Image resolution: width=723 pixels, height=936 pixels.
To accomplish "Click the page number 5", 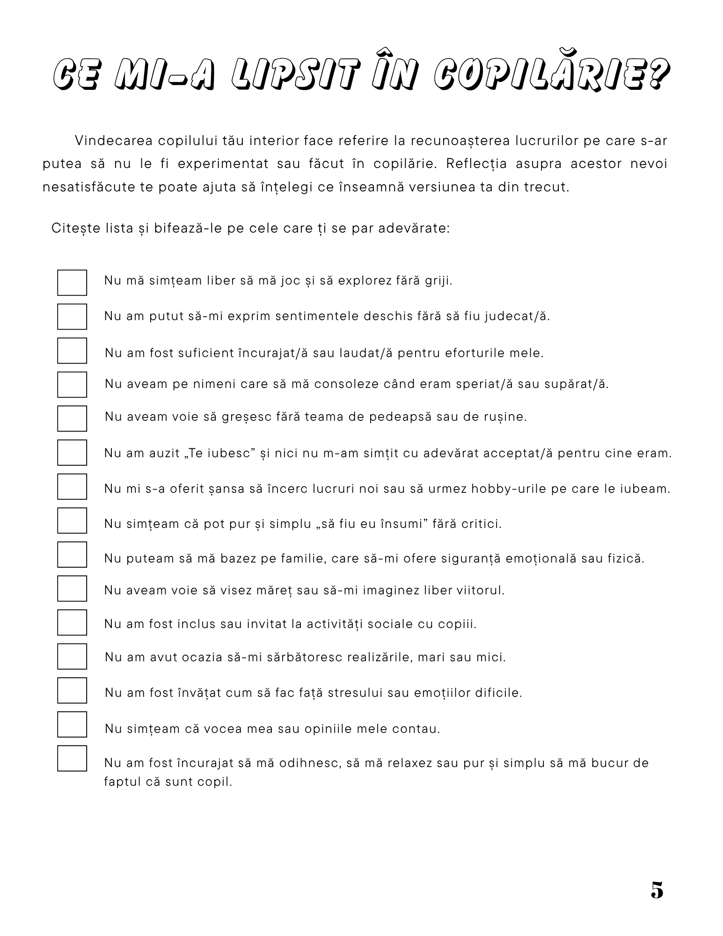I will (x=657, y=890).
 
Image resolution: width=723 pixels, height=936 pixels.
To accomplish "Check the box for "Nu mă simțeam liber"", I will (x=72, y=282).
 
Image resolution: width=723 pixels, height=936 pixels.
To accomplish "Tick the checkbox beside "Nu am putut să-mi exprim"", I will (x=72, y=316).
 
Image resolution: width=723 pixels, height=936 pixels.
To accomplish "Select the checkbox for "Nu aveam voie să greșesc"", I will (x=72, y=418).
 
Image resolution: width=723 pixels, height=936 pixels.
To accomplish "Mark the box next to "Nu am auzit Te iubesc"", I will (x=72, y=452).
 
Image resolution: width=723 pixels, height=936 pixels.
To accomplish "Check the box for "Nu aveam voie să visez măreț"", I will (x=72, y=588).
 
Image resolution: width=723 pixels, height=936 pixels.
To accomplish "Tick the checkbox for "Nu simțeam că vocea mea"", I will (x=72, y=724).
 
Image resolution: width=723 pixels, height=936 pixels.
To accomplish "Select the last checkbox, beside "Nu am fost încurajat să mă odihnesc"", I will (x=72, y=758).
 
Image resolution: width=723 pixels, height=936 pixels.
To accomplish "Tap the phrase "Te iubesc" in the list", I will (x=218, y=453).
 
